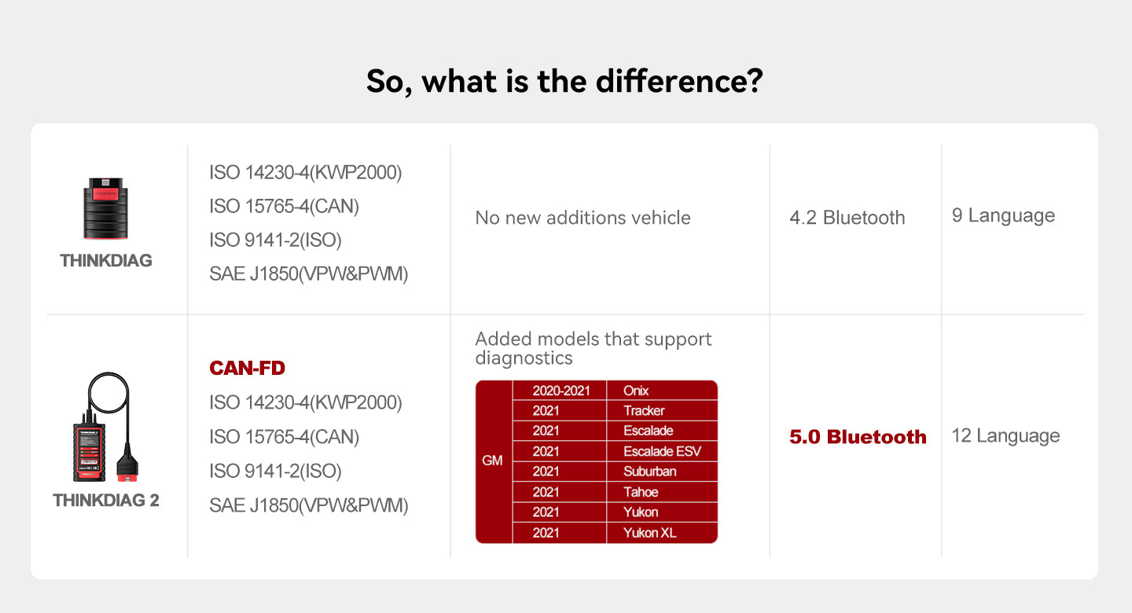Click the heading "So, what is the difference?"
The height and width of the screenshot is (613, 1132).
pos(564,82)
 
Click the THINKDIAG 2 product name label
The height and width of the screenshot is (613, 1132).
pos(106,501)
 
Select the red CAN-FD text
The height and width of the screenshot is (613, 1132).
pos(247,368)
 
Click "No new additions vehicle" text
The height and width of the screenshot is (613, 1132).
pos(583,218)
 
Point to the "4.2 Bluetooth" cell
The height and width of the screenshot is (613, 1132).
pos(847,218)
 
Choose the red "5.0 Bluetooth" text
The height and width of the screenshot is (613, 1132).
pos(858,437)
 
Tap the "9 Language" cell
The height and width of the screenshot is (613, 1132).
pos(1003,215)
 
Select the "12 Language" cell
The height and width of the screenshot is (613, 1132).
pos(1005,435)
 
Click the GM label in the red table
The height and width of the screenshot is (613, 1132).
pos(493,461)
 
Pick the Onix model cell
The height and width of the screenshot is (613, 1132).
pos(636,391)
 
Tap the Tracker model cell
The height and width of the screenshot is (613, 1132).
pos(644,411)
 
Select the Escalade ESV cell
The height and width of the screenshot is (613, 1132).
pos(661,451)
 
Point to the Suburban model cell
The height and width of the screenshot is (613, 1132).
pos(649,472)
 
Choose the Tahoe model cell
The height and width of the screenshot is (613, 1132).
pos(641,492)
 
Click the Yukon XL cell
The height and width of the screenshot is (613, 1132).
pos(649,533)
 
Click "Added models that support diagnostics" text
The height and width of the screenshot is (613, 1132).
pos(594,348)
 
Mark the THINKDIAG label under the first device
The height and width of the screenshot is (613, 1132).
pos(106,261)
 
